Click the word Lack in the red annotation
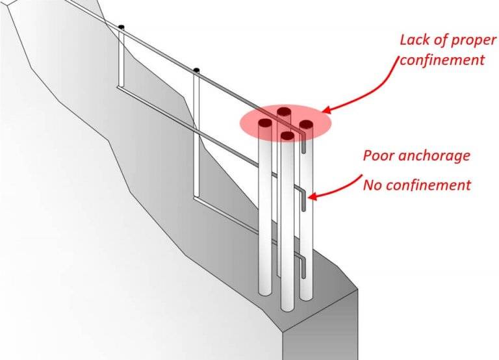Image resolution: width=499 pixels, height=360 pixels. pyautogui.click(x=415, y=40)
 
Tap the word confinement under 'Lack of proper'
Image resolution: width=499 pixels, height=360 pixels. pyautogui.click(x=442, y=60)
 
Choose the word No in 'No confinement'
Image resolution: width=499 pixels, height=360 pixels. pyautogui.click(x=372, y=185)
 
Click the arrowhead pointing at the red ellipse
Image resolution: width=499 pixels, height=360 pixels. pyautogui.click(x=327, y=110)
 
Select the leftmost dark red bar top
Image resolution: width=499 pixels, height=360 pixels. pyautogui.click(x=265, y=122)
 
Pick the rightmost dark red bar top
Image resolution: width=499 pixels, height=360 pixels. pyautogui.click(x=306, y=123)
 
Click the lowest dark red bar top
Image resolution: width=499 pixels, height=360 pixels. pyautogui.click(x=287, y=136)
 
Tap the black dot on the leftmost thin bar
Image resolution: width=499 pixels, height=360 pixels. pyautogui.click(x=121, y=27)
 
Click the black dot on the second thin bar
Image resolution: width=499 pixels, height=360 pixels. pyautogui.click(x=196, y=69)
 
